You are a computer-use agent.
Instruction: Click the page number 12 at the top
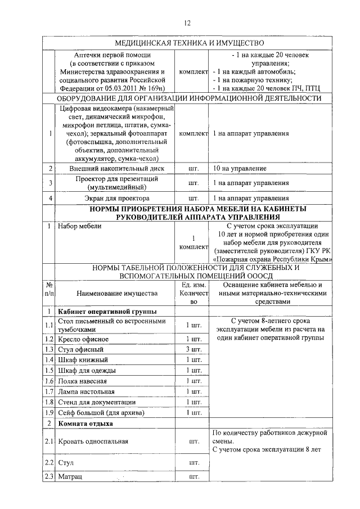click(x=188, y=22)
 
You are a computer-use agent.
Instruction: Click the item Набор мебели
click(x=79, y=226)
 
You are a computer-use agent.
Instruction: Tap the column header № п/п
click(x=49, y=289)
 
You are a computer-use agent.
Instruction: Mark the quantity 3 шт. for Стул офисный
click(x=193, y=349)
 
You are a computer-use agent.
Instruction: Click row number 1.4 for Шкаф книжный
click(x=49, y=360)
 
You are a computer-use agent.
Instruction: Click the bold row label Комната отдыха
click(x=82, y=423)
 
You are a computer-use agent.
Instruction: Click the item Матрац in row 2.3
click(x=70, y=477)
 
